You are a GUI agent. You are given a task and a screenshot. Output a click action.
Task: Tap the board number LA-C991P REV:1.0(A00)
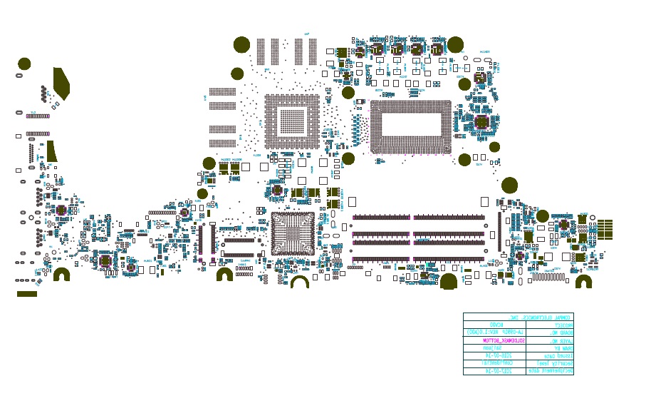coord(494,333)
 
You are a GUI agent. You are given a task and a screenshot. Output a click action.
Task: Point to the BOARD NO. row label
coord(561,333)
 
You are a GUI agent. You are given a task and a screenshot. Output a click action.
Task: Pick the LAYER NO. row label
coord(561,341)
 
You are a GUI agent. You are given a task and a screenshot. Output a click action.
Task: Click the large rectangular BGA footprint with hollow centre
coord(412,127)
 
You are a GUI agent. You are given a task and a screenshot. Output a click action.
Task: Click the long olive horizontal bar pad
coord(27,293)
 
